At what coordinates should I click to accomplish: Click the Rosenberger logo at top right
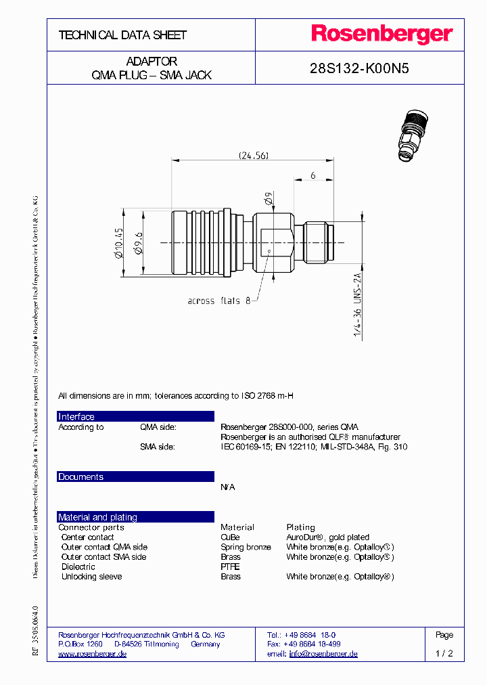pyautogui.click(x=381, y=35)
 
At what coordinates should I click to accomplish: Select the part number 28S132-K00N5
pyautogui.click(x=359, y=68)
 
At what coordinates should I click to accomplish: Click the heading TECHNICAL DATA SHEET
pyautogui.click(x=122, y=35)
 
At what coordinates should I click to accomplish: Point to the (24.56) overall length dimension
pyautogui.click(x=254, y=156)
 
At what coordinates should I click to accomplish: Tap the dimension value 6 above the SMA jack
pyautogui.click(x=313, y=175)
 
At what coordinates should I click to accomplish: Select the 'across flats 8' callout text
pyautogui.click(x=218, y=301)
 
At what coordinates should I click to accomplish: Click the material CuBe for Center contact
pyautogui.click(x=230, y=537)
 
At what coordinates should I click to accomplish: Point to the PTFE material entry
pyautogui.click(x=230, y=567)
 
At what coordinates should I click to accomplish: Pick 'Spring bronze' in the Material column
pyautogui.click(x=246, y=547)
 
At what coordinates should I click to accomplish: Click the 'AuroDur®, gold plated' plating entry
pyautogui.click(x=327, y=537)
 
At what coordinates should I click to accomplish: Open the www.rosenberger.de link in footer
pyautogui.click(x=93, y=654)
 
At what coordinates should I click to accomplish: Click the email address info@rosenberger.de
pyautogui.click(x=323, y=654)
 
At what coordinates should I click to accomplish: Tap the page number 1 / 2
pyautogui.click(x=444, y=654)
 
